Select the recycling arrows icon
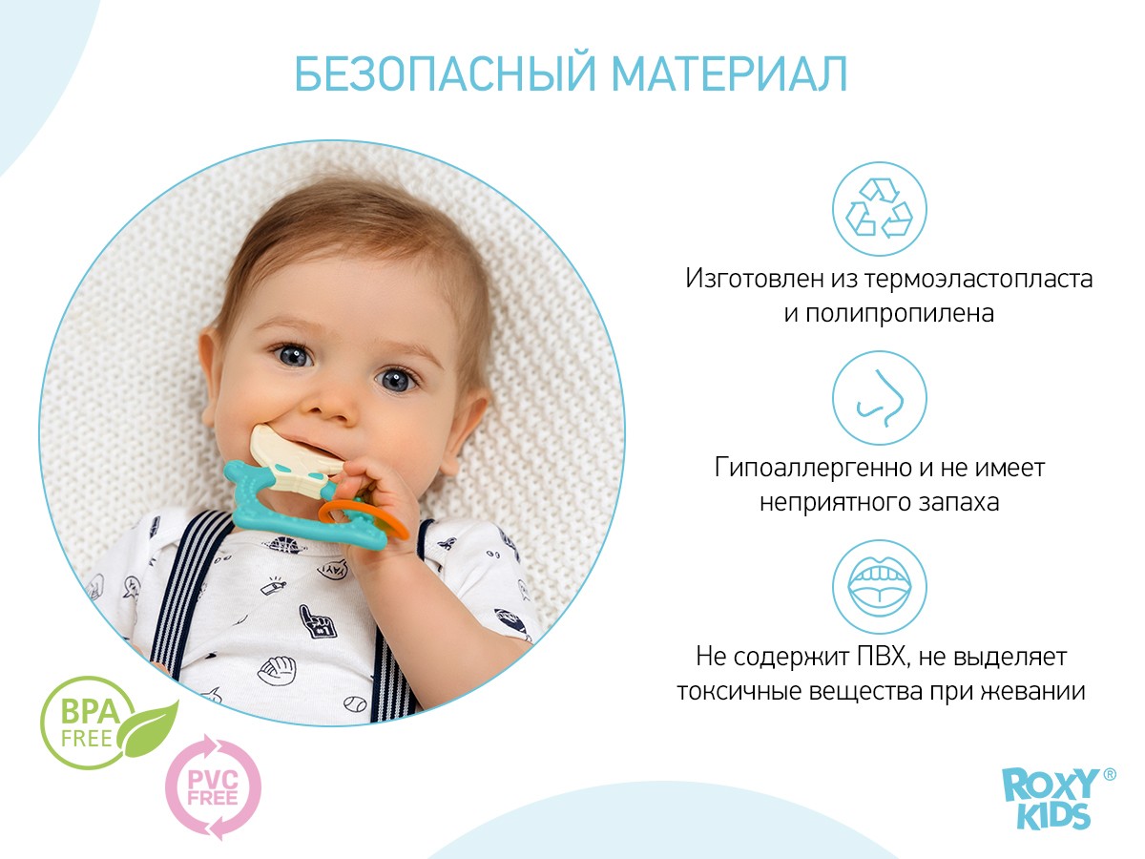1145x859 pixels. click(879, 210)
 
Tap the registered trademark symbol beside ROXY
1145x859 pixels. click(1109, 775)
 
